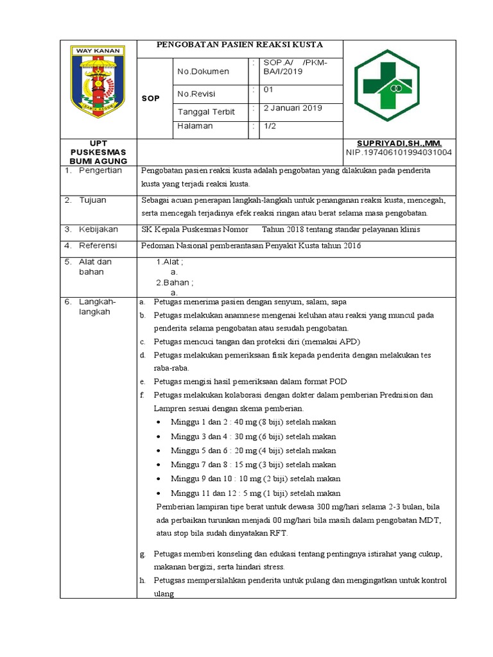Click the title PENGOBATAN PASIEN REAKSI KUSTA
[x=240, y=44]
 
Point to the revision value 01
[x=268, y=90]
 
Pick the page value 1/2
[x=270, y=126]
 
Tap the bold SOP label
[x=150, y=98]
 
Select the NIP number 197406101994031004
[x=399, y=152]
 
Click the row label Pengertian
[x=100, y=171]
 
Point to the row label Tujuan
[x=92, y=200]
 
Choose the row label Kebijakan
[x=98, y=229]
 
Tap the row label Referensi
[x=98, y=246]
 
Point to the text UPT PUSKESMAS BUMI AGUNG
[x=98, y=151]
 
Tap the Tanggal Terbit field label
[x=206, y=112]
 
